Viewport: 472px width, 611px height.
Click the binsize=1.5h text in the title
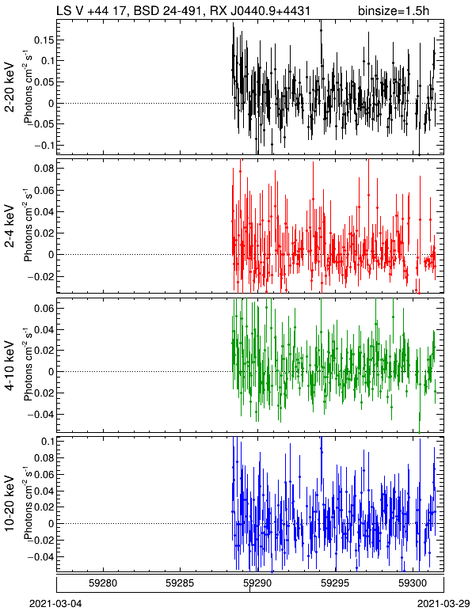(x=394, y=10)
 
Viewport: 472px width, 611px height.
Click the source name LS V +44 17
(x=90, y=10)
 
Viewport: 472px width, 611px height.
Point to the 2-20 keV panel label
(x=10, y=88)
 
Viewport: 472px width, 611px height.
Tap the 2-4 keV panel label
(x=10, y=226)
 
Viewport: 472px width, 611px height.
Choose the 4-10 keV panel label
(x=10, y=366)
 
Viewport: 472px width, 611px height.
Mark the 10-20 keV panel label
(x=10, y=503)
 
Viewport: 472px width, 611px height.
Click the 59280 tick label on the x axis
(x=103, y=583)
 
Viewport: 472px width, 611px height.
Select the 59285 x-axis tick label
(x=181, y=583)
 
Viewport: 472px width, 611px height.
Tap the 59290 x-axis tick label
(x=257, y=583)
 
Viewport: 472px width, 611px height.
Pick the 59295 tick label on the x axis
(x=335, y=583)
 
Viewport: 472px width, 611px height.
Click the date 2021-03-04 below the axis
(x=55, y=604)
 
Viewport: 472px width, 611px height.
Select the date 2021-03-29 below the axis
(x=444, y=604)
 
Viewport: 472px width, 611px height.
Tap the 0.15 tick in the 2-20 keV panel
(x=44, y=40)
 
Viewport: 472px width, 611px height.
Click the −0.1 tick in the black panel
(x=41, y=145)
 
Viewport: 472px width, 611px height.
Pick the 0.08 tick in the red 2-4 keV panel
(x=44, y=169)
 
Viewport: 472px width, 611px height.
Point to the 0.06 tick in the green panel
(x=44, y=308)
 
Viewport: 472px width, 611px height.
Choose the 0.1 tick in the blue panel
(x=48, y=441)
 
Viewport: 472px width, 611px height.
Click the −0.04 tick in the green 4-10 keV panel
(x=41, y=414)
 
